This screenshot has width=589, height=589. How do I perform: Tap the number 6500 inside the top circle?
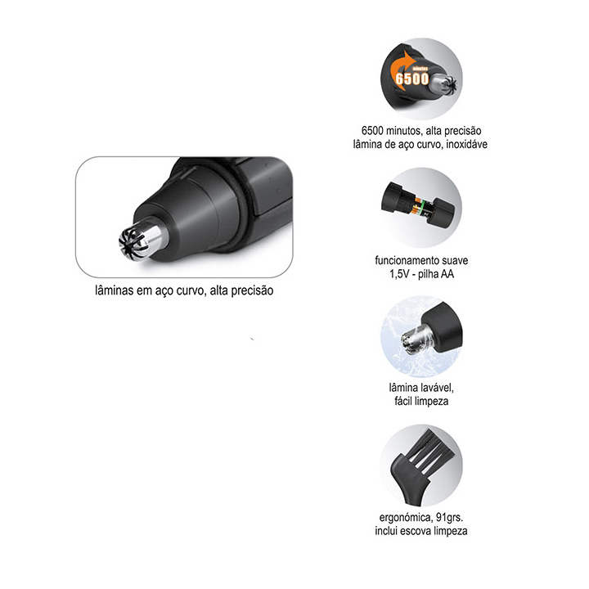[412, 79]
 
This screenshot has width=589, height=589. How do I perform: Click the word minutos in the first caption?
[403, 131]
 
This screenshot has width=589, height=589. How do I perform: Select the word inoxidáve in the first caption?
[467, 144]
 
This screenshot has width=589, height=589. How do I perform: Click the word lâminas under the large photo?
[115, 290]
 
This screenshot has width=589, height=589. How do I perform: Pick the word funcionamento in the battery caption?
[407, 260]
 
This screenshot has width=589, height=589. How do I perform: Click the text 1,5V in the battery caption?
[399, 274]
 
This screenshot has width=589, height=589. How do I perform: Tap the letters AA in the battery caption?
[447, 274]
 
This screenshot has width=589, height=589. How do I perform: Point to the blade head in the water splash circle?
[416, 339]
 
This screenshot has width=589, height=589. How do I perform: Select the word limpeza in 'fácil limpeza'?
[432, 401]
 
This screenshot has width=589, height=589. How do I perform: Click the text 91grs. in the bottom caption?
[450, 518]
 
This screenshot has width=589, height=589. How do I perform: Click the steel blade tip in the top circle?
[445, 84]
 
